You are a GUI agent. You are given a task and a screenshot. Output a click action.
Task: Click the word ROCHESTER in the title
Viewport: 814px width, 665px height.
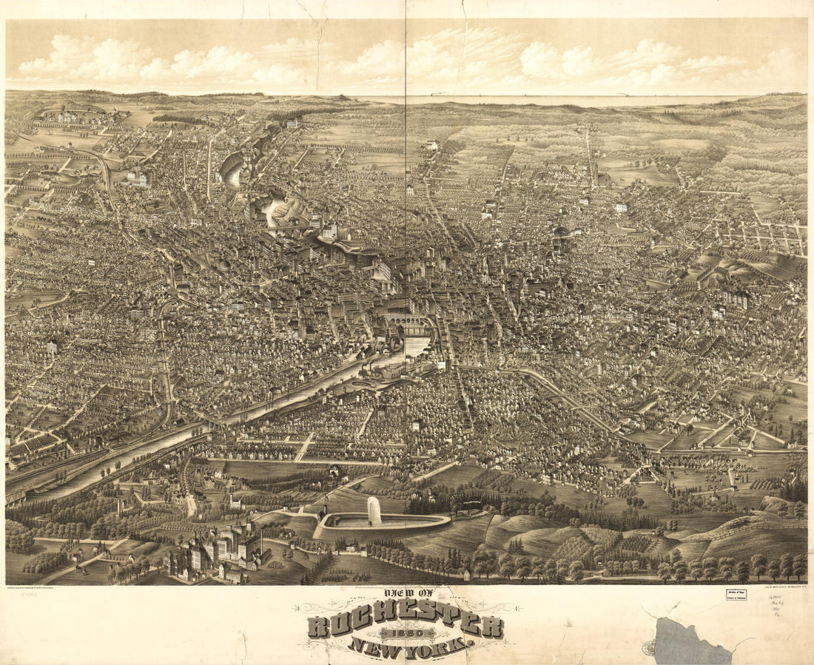(406, 626)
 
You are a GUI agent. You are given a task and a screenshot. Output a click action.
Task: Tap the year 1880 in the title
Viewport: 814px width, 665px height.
(406, 635)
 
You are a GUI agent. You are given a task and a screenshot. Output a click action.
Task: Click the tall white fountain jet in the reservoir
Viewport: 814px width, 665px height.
(374, 510)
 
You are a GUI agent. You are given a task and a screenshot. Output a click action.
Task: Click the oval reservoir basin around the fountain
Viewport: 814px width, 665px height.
(385, 523)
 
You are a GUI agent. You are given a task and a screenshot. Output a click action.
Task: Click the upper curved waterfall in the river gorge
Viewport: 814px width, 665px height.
(231, 172)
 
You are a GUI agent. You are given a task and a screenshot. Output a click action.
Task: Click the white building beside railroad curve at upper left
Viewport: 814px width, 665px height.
(138, 178)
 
